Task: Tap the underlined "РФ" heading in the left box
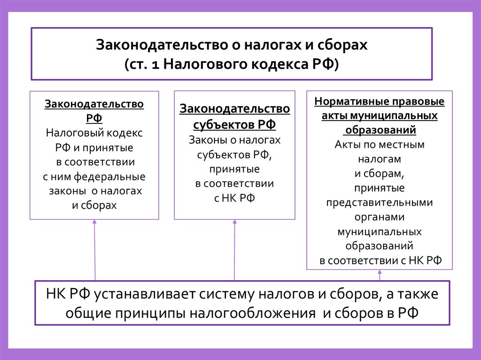94,117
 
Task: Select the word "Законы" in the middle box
207,140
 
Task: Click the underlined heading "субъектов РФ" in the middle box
234,125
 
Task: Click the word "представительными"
380,202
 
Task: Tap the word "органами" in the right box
380,217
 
